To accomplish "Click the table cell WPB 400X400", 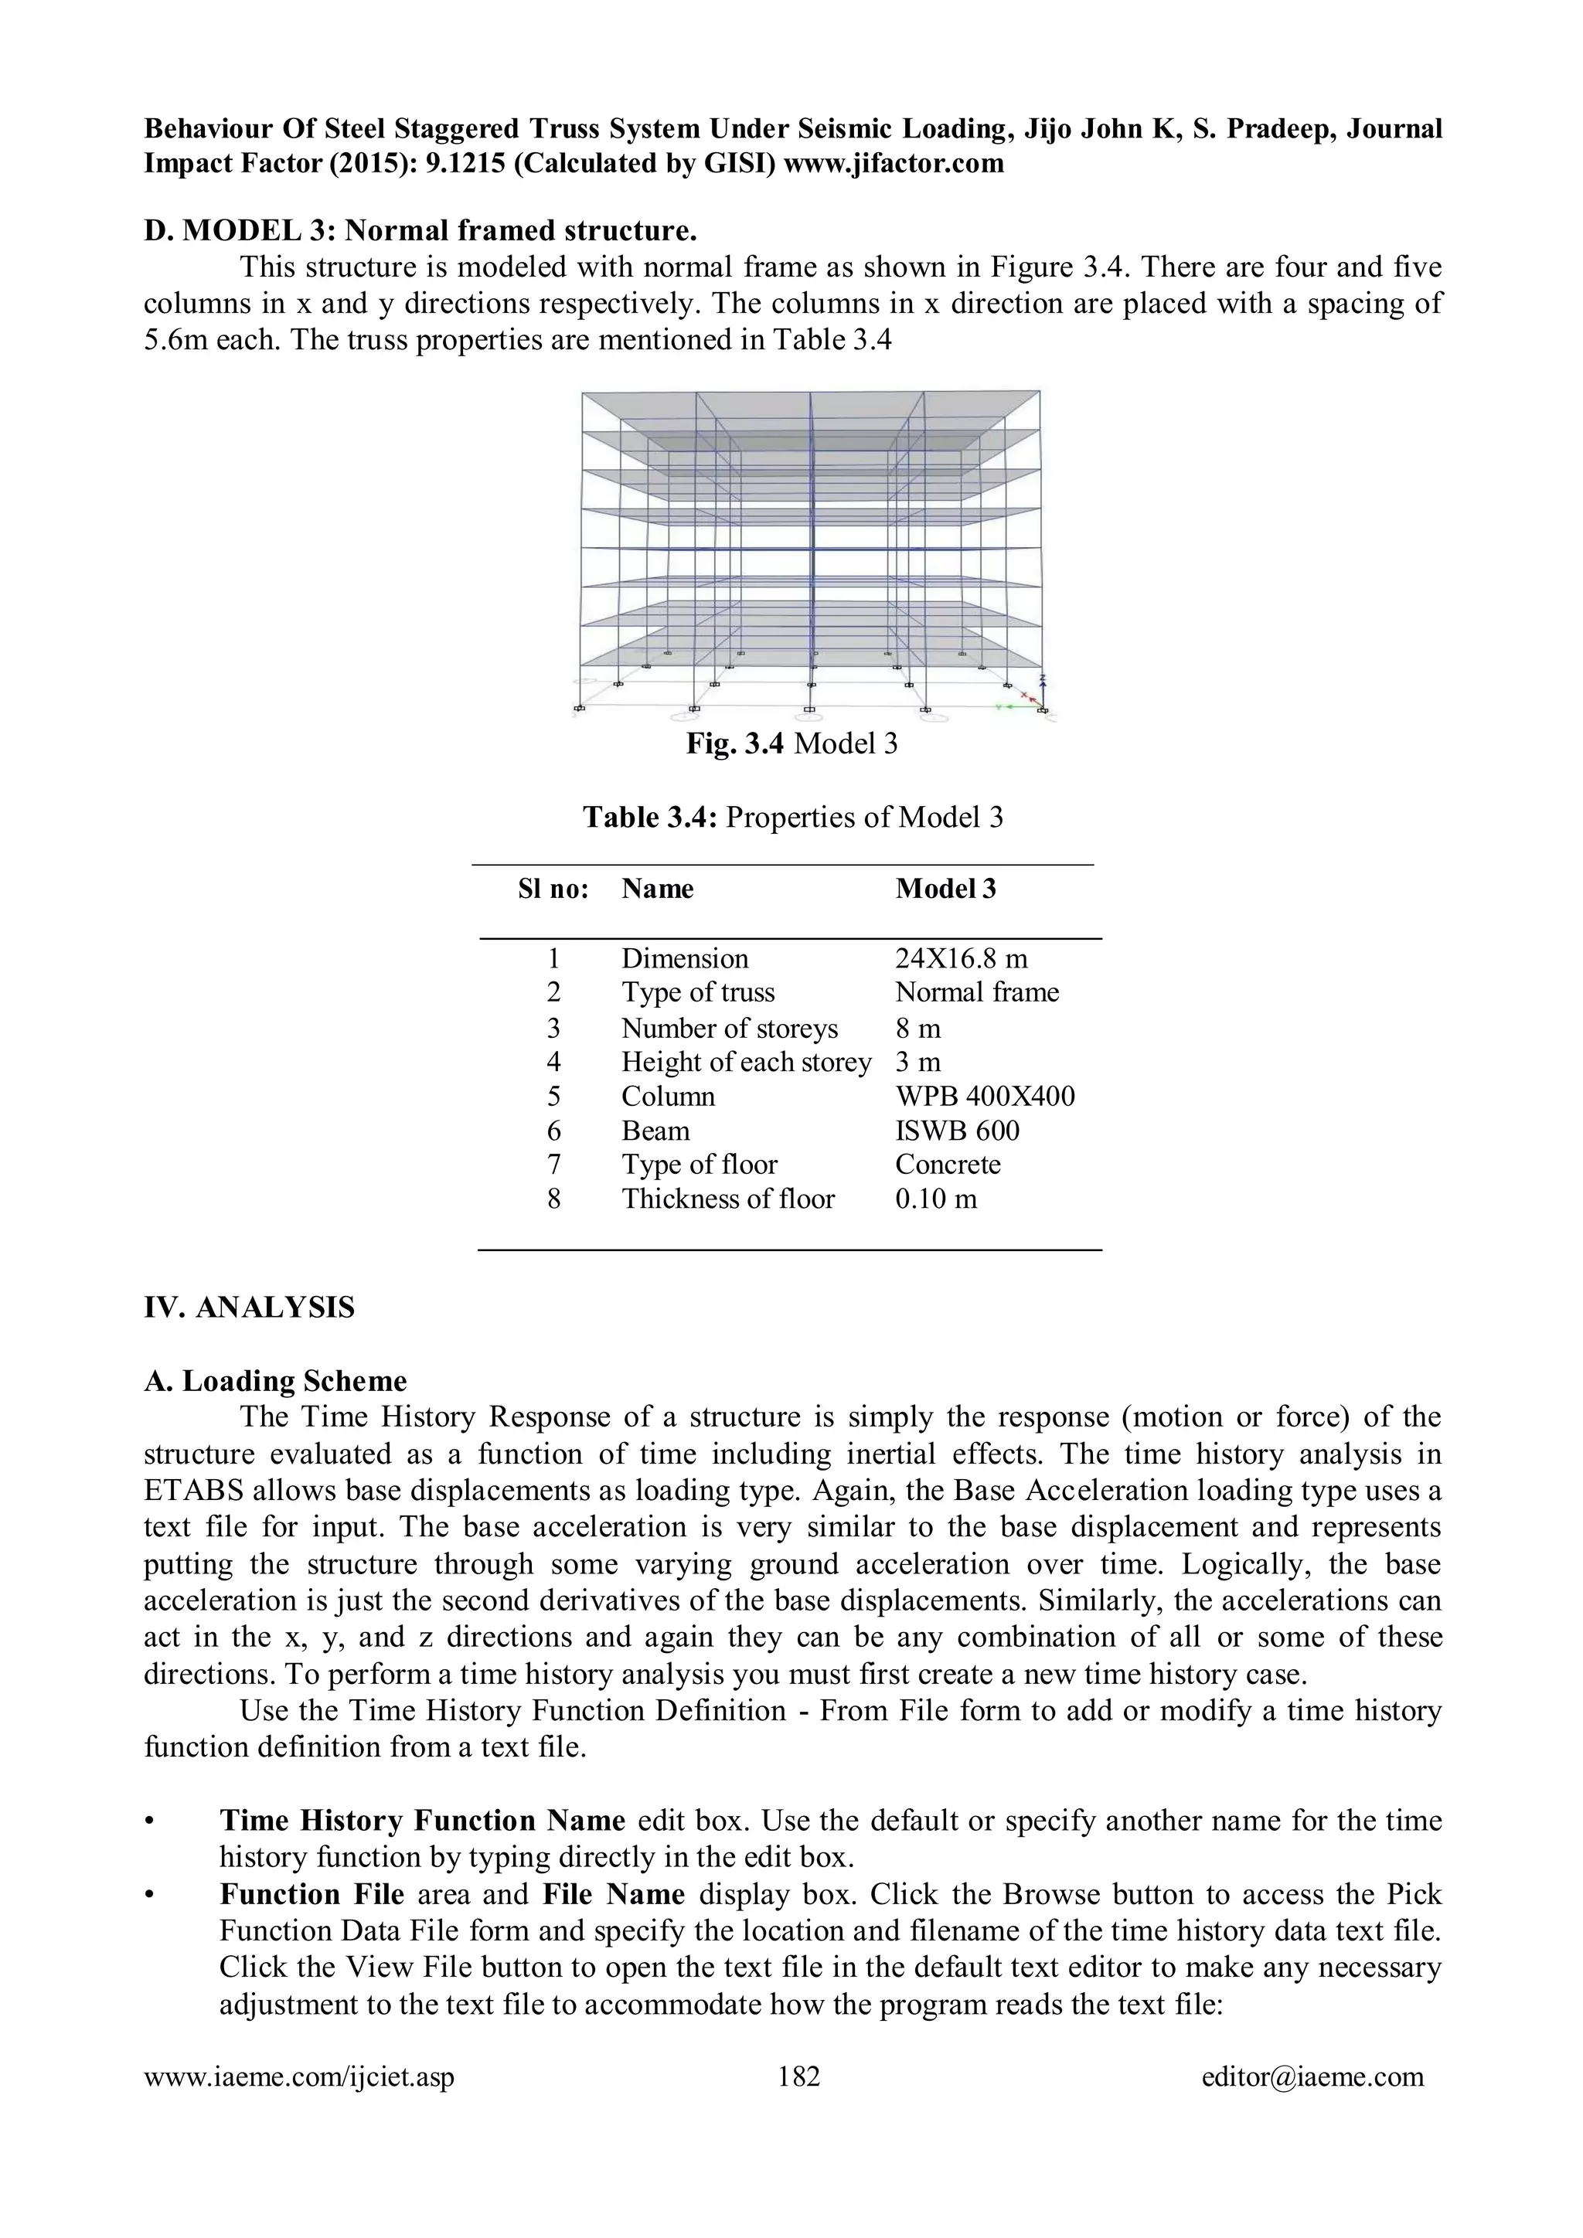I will [985, 1097].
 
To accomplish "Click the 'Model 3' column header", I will [945, 889].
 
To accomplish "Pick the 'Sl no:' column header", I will [553, 889].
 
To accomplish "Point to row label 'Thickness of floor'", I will [728, 1199].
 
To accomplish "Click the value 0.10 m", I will [936, 1199].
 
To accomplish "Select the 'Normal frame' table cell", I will [977, 992].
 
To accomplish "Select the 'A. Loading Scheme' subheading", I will [275, 1381].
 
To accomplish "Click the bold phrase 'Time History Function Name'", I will [422, 1821].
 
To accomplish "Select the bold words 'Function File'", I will [312, 1895].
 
